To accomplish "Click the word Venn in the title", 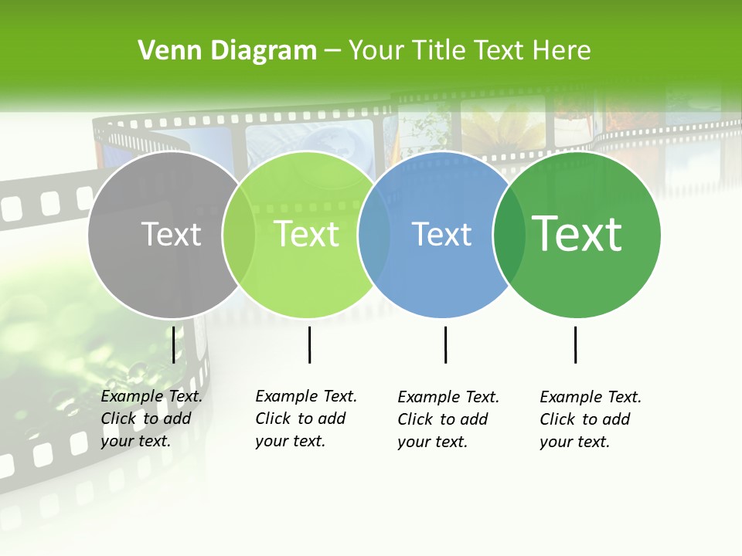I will click(165, 51).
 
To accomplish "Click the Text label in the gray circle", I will click(171, 234).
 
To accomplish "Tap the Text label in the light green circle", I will click(306, 234).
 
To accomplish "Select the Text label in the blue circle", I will click(441, 234).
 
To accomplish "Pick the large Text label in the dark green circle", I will click(577, 234).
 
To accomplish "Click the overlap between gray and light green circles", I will click(239, 235).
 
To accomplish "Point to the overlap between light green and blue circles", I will click(374, 235).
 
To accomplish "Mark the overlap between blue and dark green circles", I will click(509, 235).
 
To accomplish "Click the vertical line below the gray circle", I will click(173, 344).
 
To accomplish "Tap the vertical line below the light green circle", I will click(309, 344).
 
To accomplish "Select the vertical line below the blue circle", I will click(445, 344).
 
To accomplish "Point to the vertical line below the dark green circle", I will click(575, 344).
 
